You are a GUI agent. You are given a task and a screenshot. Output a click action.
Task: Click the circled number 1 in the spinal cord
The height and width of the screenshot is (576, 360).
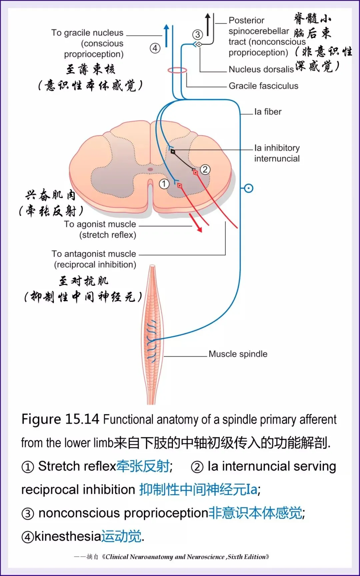(x=164, y=184)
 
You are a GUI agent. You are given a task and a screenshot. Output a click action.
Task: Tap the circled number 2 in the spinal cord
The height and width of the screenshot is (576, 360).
(x=205, y=170)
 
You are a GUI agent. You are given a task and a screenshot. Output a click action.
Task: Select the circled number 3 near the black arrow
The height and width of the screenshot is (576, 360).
(x=198, y=34)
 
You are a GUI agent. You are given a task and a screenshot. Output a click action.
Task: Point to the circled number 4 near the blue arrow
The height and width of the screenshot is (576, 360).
(x=155, y=48)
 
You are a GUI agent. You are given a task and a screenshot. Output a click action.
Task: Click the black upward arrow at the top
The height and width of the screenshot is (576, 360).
(x=208, y=24)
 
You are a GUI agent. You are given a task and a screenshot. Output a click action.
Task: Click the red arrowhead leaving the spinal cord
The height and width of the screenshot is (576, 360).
(x=199, y=229)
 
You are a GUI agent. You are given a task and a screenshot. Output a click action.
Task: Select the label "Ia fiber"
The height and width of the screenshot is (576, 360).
(x=268, y=112)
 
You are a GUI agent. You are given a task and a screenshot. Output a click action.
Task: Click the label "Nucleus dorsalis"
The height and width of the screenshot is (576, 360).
(x=261, y=69)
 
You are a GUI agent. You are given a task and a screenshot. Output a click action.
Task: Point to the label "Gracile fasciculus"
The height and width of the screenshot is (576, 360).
(x=263, y=86)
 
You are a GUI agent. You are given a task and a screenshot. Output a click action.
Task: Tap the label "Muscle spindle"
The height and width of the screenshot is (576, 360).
(x=238, y=354)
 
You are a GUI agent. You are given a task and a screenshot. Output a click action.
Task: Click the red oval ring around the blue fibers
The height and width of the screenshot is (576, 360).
(x=177, y=70)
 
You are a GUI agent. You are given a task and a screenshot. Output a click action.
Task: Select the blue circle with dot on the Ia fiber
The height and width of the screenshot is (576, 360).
(x=249, y=188)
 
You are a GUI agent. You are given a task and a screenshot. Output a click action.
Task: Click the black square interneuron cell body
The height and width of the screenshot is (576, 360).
(x=173, y=152)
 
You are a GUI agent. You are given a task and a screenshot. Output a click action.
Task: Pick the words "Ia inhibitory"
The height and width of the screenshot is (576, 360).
(x=277, y=148)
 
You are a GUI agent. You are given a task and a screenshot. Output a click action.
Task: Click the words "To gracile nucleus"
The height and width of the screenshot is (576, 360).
(x=87, y=33)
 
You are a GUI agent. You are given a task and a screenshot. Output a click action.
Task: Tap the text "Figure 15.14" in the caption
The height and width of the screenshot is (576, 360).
(x=60, y=419)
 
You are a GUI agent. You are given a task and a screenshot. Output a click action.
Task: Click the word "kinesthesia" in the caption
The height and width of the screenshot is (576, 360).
(x=67, y=536)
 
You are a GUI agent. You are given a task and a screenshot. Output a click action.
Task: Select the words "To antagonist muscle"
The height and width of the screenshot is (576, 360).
(x=94, y=254)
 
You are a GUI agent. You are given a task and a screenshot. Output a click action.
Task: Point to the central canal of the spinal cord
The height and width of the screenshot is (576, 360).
(x=150, y=170)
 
